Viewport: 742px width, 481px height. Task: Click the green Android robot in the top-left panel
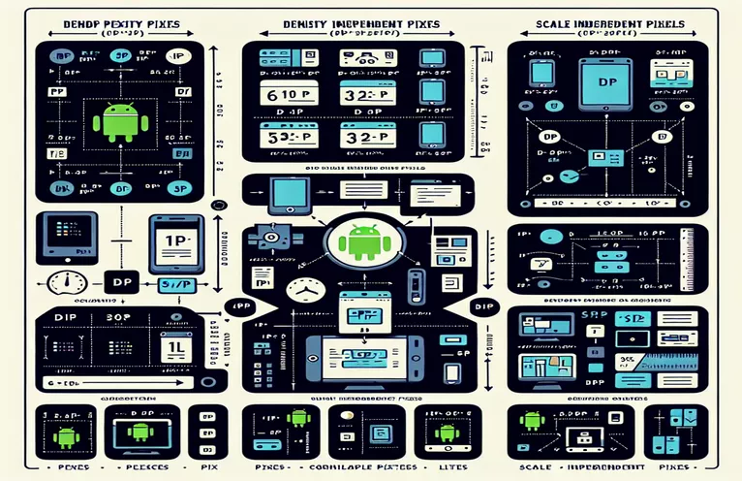[x=120, y=122]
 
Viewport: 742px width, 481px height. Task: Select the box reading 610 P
[x=286, y=96]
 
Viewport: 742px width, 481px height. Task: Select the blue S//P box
[x=176, y=283]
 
